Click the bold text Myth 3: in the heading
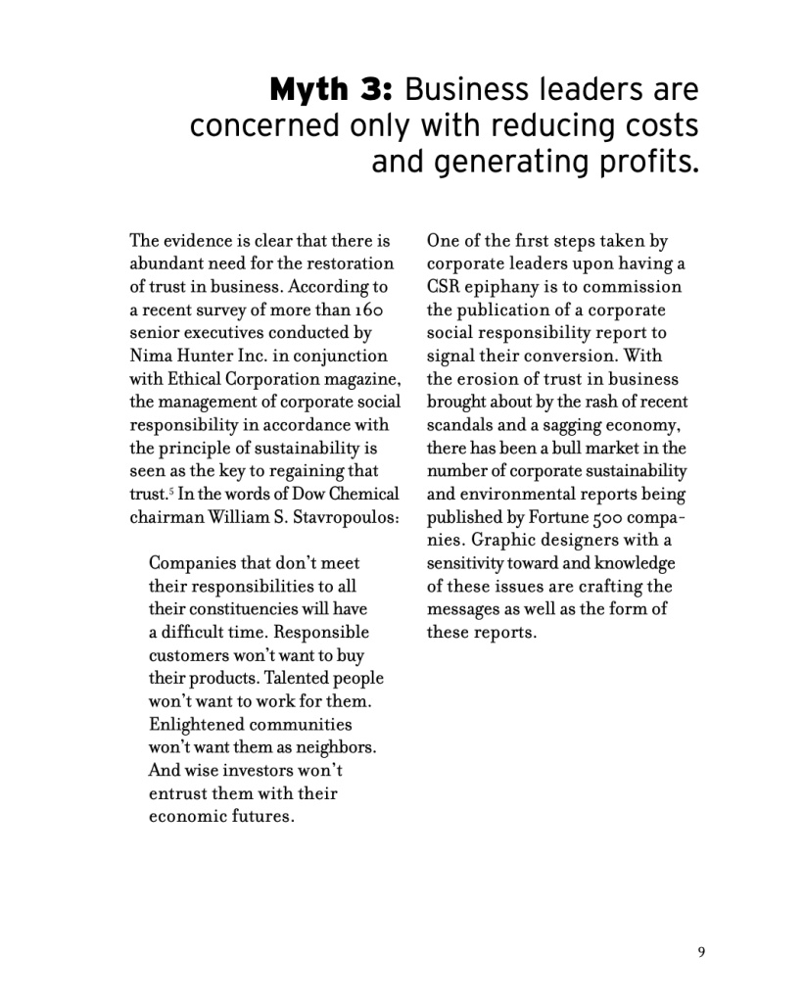(x=331, y=90)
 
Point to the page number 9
(x=701, y=949)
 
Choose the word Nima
(x=151, y=356)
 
